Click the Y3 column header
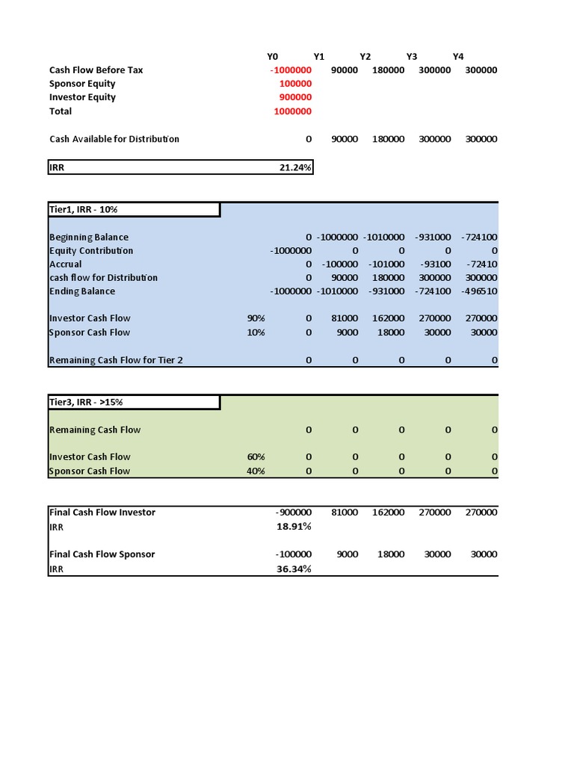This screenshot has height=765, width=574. point(412,56)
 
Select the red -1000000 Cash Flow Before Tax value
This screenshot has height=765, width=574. point(291,70)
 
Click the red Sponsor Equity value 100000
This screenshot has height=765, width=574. point(295,84)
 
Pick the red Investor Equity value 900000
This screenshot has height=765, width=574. point(295,97)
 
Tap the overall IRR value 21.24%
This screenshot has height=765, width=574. point(295,167)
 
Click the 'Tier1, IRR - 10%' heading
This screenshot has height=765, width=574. point(84,210)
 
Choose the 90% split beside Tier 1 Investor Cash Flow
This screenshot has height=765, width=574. point(256,318)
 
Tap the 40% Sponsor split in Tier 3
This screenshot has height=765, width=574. point(256,471)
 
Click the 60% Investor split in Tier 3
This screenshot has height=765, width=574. point(256,457)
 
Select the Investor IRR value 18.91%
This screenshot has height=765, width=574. point(294,527)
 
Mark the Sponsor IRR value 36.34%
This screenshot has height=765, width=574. point(294,569)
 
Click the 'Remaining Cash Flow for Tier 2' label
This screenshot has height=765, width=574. point(116,360)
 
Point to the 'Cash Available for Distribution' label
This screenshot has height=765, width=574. point(114,139)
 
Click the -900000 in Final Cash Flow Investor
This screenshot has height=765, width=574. point(293,512)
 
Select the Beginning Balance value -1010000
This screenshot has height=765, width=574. point(386,238)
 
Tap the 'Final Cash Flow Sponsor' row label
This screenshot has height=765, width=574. point(102,554)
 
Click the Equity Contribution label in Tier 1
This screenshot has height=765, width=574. point(91,251)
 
